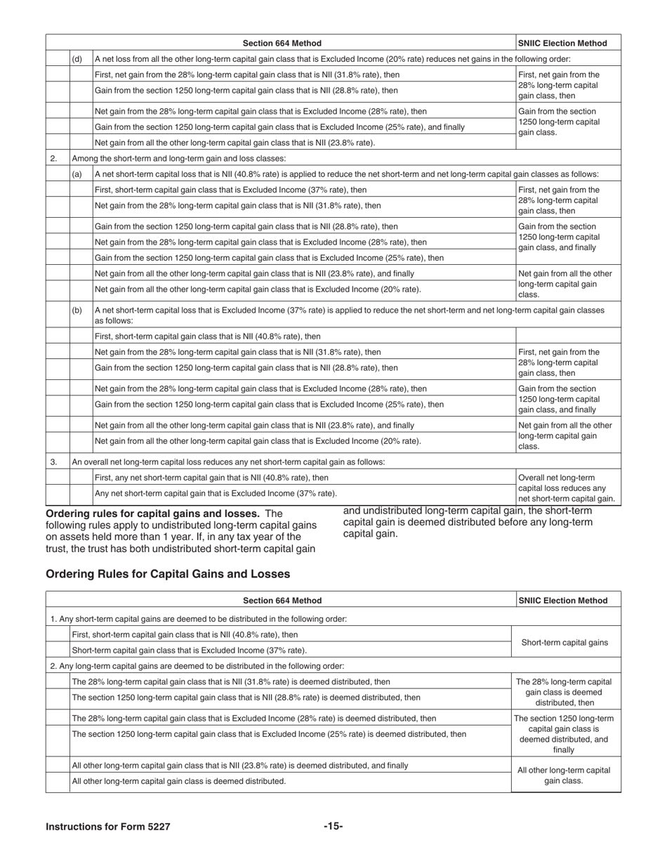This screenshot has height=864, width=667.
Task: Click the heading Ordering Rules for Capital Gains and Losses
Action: click(167, 574)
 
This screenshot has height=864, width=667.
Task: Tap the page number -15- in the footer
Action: click(333, 826)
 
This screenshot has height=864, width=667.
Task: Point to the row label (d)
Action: click(77, 59)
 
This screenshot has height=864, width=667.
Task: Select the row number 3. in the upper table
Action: click(53, 462)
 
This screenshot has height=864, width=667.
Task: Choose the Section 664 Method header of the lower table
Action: click(282, 600)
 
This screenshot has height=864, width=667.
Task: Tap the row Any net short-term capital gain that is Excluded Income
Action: click(215, 493)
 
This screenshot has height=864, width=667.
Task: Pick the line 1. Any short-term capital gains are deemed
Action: click(199, 619)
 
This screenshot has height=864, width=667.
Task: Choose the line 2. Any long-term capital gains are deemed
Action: click(197, 665)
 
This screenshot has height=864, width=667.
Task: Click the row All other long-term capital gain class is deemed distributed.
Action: click(179, 780)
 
